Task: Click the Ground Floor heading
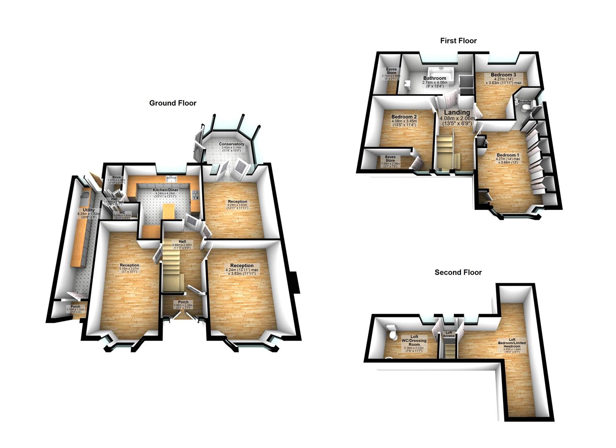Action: (173, 103)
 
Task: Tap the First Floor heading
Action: (458, 41)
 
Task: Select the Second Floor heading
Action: (458, 273)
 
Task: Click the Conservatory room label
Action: (231, 144)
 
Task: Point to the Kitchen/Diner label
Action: (166, 190)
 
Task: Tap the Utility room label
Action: (89, 210)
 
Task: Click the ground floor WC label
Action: (122, 212)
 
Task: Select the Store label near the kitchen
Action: (117, 178)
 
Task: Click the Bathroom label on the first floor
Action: (434, 78)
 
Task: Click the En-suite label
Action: (524, 101)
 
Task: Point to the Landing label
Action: (457, 112)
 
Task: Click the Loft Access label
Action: (448, 334)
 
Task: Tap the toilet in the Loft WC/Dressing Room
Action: (390, 331)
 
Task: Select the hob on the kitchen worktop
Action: (195, 194)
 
